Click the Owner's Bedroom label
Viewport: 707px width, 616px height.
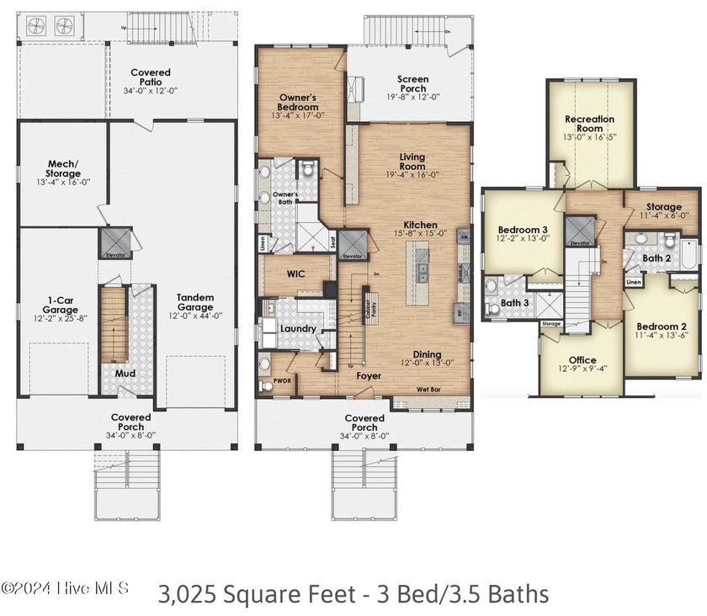point(298,104)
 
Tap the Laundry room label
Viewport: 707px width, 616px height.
point(297,328)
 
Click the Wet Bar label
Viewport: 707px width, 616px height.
point(430,390)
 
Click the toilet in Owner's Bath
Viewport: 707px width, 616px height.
point(308,171)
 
